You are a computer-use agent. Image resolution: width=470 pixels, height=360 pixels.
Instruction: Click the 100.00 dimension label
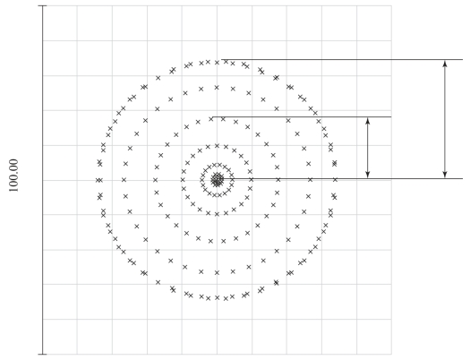click(x=13, y=176)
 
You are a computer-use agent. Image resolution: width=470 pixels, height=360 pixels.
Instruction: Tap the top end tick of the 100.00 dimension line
click(x=43, y=5)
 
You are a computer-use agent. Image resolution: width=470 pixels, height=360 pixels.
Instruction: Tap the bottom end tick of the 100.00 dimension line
click(x=43, y=355)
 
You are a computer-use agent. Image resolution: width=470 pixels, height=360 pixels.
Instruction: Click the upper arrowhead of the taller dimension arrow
click(x=445, y=64)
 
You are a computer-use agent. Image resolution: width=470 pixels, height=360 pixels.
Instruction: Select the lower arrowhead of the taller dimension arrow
click(x=445, y=175)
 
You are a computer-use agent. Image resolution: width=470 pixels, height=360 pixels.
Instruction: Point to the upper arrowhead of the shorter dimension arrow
click(x=368, y=121)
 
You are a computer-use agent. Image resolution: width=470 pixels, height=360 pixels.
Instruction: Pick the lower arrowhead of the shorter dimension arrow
click(x=368, y=175)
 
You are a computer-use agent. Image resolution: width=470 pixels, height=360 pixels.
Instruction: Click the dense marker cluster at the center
click(x=217, y=180)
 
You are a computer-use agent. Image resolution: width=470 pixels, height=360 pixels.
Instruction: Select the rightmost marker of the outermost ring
click(x=335, y=180)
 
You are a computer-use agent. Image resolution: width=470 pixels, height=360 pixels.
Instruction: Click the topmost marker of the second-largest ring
click(x=217, y=88)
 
